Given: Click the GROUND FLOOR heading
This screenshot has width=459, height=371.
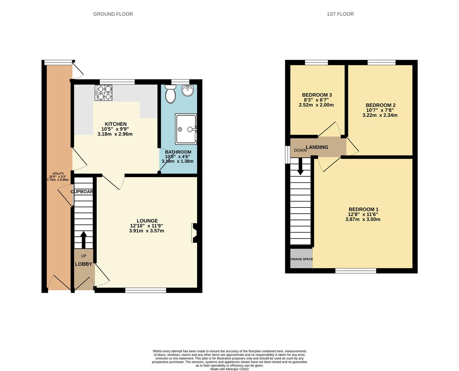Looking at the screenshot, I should (113, 14).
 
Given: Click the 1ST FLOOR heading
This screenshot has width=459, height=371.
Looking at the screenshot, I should (340, 14).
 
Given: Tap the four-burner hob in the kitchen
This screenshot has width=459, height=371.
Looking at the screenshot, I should (103, 93).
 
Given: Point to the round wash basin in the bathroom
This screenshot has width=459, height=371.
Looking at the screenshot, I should (188, 91).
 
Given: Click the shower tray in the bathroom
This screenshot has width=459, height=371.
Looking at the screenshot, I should (186, 129).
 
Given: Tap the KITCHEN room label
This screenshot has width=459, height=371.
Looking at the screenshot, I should (116, 124).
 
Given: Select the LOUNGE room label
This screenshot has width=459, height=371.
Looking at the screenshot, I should (147, 221).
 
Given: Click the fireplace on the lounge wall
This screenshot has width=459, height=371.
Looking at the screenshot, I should (194, 233).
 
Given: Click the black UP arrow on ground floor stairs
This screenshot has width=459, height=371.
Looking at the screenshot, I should (83, 239).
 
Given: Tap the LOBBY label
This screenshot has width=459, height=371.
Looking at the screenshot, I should (84, 264).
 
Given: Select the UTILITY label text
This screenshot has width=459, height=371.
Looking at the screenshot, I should (58, 173).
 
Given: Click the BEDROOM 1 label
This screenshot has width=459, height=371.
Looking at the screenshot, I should (363, 209).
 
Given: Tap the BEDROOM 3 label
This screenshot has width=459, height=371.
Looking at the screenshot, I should (317, 95).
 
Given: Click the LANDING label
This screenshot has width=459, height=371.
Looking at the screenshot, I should (317, 147).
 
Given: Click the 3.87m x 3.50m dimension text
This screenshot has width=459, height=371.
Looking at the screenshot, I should (363, 219).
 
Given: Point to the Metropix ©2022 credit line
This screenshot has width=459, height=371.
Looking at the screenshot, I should (229, 369).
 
